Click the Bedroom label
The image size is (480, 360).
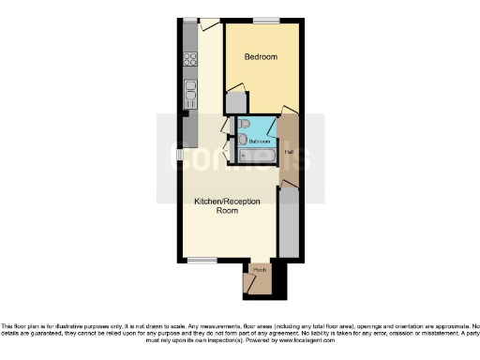coord(261,57)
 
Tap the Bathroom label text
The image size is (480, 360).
coord(259,142)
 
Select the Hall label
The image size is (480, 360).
coord(290,151)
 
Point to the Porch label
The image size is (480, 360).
coord(260,270)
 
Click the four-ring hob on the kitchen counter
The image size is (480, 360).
coord(190,59)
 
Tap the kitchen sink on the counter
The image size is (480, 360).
coord(190,90)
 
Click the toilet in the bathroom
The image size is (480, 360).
coord(243,123)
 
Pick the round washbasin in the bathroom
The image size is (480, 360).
coord(244,140)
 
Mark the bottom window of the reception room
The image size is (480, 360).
coord(202,259)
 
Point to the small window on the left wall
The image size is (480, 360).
coord(179,156)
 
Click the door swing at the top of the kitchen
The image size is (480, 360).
coord(209,24)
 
